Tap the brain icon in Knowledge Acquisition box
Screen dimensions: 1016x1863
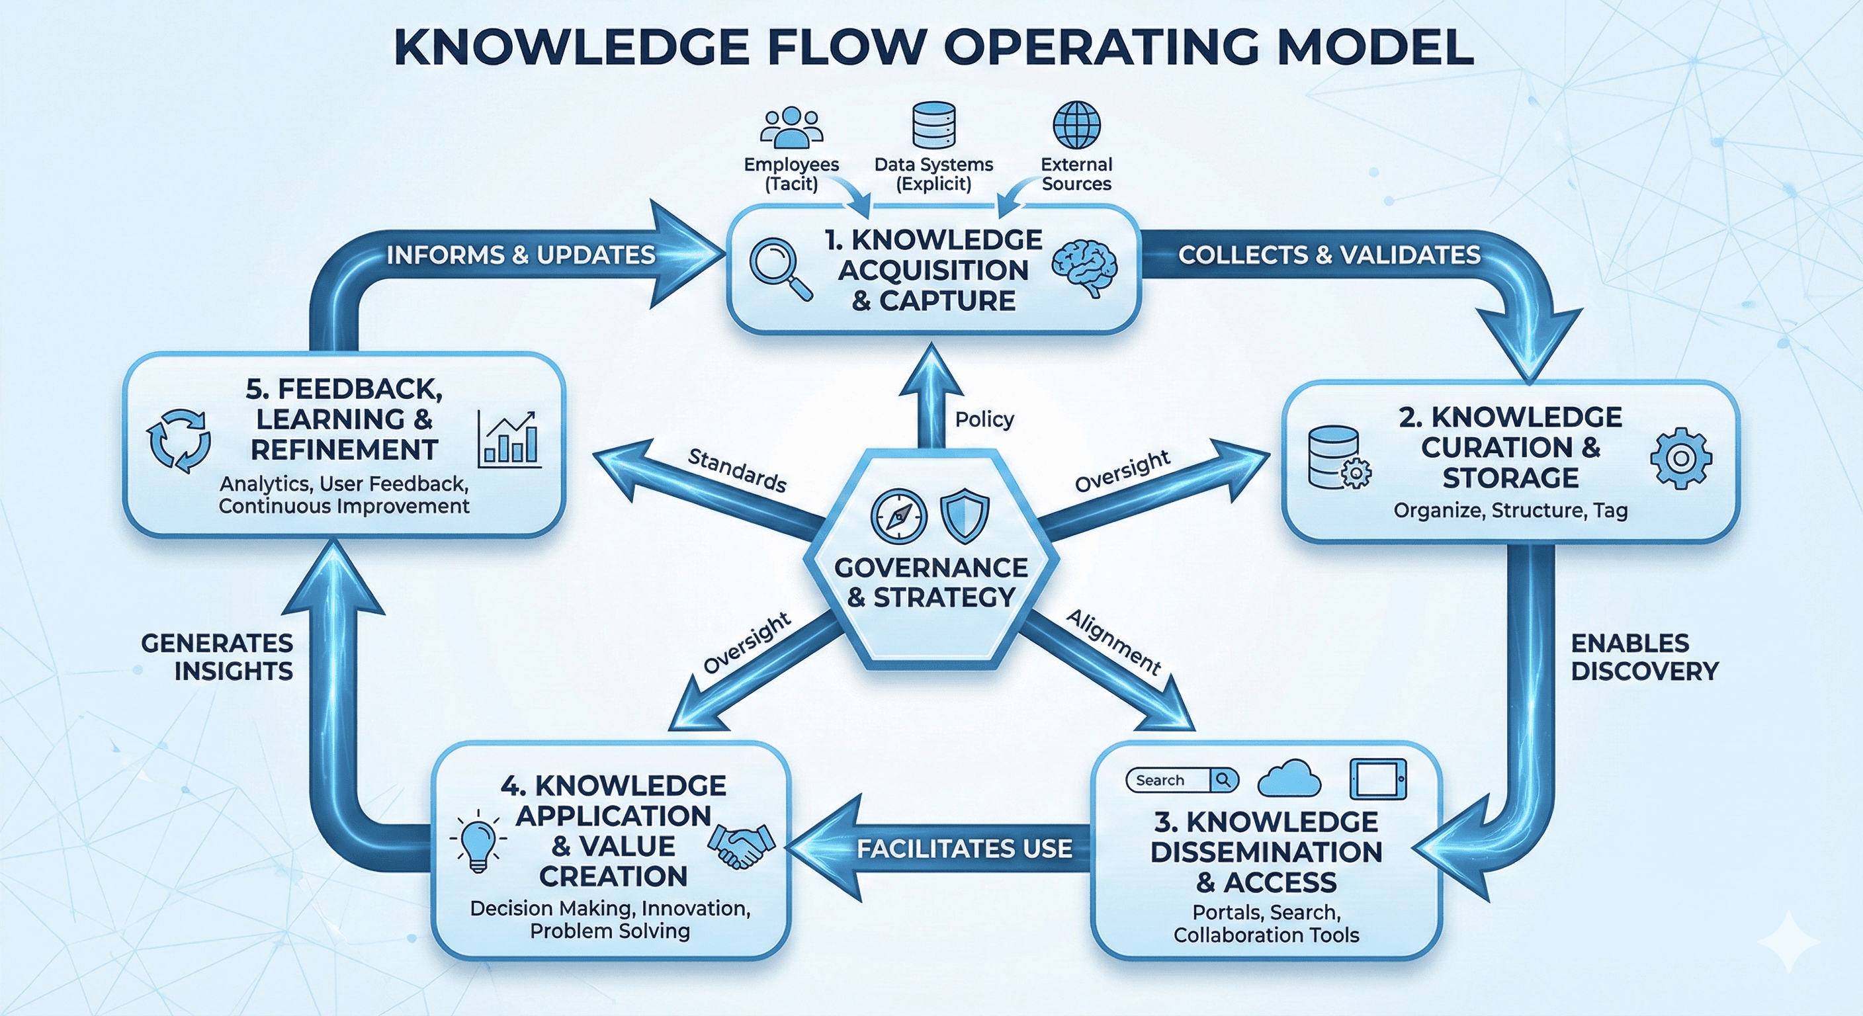1084,269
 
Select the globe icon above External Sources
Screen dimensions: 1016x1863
1076,125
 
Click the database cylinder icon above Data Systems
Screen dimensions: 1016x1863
933,125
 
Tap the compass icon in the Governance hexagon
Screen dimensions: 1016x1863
899,517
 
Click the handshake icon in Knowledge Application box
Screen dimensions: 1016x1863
740,845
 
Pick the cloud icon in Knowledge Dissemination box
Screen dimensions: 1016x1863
1289,780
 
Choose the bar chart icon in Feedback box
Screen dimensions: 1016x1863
509,439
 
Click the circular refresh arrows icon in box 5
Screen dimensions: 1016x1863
179,441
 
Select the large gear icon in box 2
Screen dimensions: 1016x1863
1681,458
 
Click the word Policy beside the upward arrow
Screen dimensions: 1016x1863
984,419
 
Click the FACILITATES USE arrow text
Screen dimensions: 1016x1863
964,849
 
